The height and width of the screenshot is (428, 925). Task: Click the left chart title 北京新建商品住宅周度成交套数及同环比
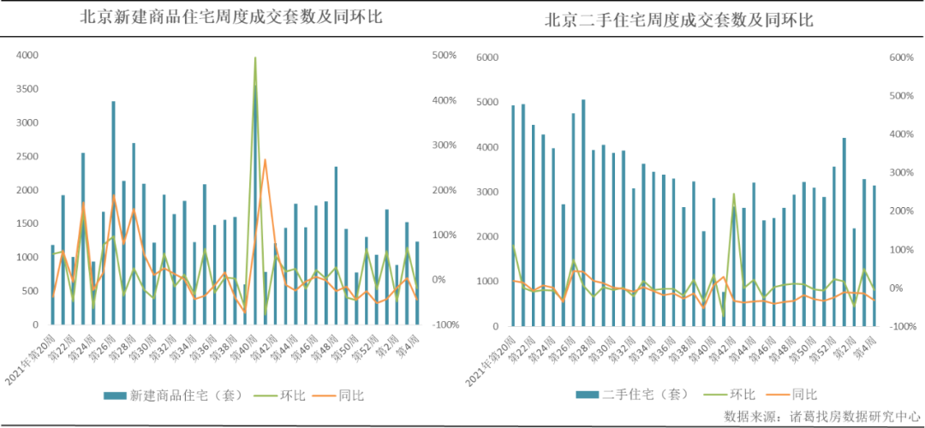click(x=230, y=17)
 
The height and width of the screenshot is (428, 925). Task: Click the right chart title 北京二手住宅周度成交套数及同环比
click(x=679, y=20)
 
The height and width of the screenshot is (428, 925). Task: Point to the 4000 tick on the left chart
click(x=27, y=55)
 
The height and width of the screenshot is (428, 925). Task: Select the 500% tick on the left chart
click(x=445, y=55)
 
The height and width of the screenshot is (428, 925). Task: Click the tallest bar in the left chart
click(x=254, y=205)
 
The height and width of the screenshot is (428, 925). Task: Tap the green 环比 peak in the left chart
click(x=255, y=58)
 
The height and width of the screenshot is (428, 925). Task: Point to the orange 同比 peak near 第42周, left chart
click(x=266, y=160)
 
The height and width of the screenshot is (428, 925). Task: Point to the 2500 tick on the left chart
click(x=27, y=156)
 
